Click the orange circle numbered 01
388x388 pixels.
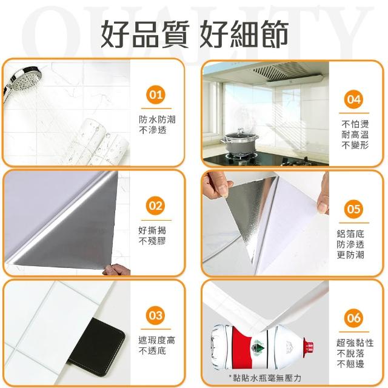(156, 95)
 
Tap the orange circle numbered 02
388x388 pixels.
(156, 206)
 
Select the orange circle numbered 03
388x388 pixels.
(156, 315)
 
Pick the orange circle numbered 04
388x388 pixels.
(354, 99)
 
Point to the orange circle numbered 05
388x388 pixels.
(354, 209)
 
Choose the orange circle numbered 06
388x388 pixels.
(354, 318)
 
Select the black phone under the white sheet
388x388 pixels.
(98, 346)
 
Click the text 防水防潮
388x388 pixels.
(157, 120)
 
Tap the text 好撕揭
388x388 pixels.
(152, 230)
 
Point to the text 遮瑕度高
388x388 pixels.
(157, 341)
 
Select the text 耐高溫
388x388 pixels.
(355, 135)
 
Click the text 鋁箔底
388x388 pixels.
(350, 233)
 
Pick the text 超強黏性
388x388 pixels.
(355, 343)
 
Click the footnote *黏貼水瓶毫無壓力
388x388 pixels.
(265, 378)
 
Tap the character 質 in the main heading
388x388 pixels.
(175, 34)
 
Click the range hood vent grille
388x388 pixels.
(276, 70)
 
